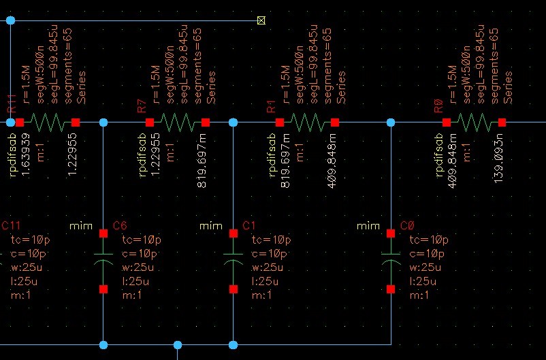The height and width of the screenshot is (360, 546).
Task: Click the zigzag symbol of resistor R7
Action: point(178,122)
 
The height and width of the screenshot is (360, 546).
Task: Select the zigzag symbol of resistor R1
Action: point(307,122)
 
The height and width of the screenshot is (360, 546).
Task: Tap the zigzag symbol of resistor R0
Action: point(474,122)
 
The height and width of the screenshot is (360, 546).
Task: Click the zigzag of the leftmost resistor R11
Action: point(48,122)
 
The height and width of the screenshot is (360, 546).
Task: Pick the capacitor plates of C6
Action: point(103,261)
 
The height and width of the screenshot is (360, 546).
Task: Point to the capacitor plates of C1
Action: point(234,261)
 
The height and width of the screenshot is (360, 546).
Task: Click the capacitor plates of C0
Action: point(391,261)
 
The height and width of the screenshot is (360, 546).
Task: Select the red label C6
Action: point(120,226)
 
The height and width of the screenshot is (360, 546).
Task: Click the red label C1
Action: point(249,226)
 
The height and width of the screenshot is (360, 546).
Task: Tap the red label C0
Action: point(407,226)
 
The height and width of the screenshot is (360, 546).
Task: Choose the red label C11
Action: point(11,226)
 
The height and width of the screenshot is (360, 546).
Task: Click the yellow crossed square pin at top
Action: point(261,20)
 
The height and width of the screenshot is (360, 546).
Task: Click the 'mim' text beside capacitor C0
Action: point(368,226)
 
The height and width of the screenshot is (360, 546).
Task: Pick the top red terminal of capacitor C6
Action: point(103,233)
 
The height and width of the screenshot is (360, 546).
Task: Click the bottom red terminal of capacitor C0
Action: point(391,289)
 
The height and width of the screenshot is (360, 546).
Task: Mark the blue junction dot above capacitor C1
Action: point(234,122)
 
